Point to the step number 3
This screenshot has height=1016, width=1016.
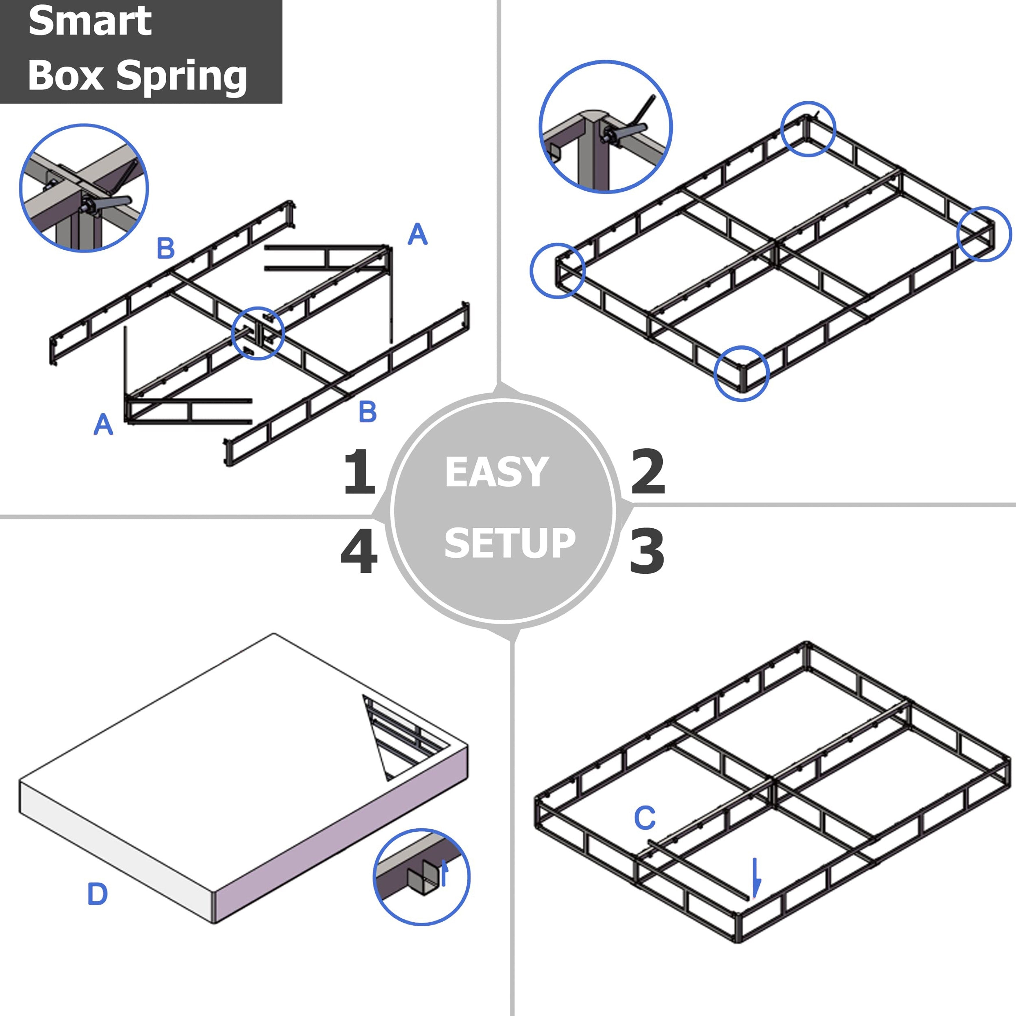(647, 551)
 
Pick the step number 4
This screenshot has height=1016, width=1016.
(359, 551)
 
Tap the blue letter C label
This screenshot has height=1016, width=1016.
(645, 818)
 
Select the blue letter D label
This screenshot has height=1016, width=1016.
(97, 894)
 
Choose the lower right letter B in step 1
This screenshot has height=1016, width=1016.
(368, 412)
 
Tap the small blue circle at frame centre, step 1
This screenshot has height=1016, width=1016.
(258, 334)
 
